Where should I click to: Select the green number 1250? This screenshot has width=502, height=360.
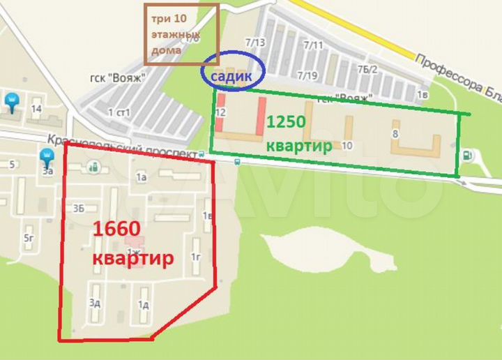tap(286, 121)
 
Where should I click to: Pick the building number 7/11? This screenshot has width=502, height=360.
tap(314, 45)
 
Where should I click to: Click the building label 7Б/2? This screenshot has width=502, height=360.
tap(367, 69)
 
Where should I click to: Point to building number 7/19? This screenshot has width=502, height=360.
tap(308, 75)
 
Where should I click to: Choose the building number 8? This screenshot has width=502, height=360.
tap(395, 133)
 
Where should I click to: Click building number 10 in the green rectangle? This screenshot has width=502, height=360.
tap(347, 145)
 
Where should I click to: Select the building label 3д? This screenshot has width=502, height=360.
tap(95, 303)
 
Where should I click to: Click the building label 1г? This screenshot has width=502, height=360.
tap(196, 258)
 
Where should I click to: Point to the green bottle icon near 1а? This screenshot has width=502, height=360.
tap(93, 167)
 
